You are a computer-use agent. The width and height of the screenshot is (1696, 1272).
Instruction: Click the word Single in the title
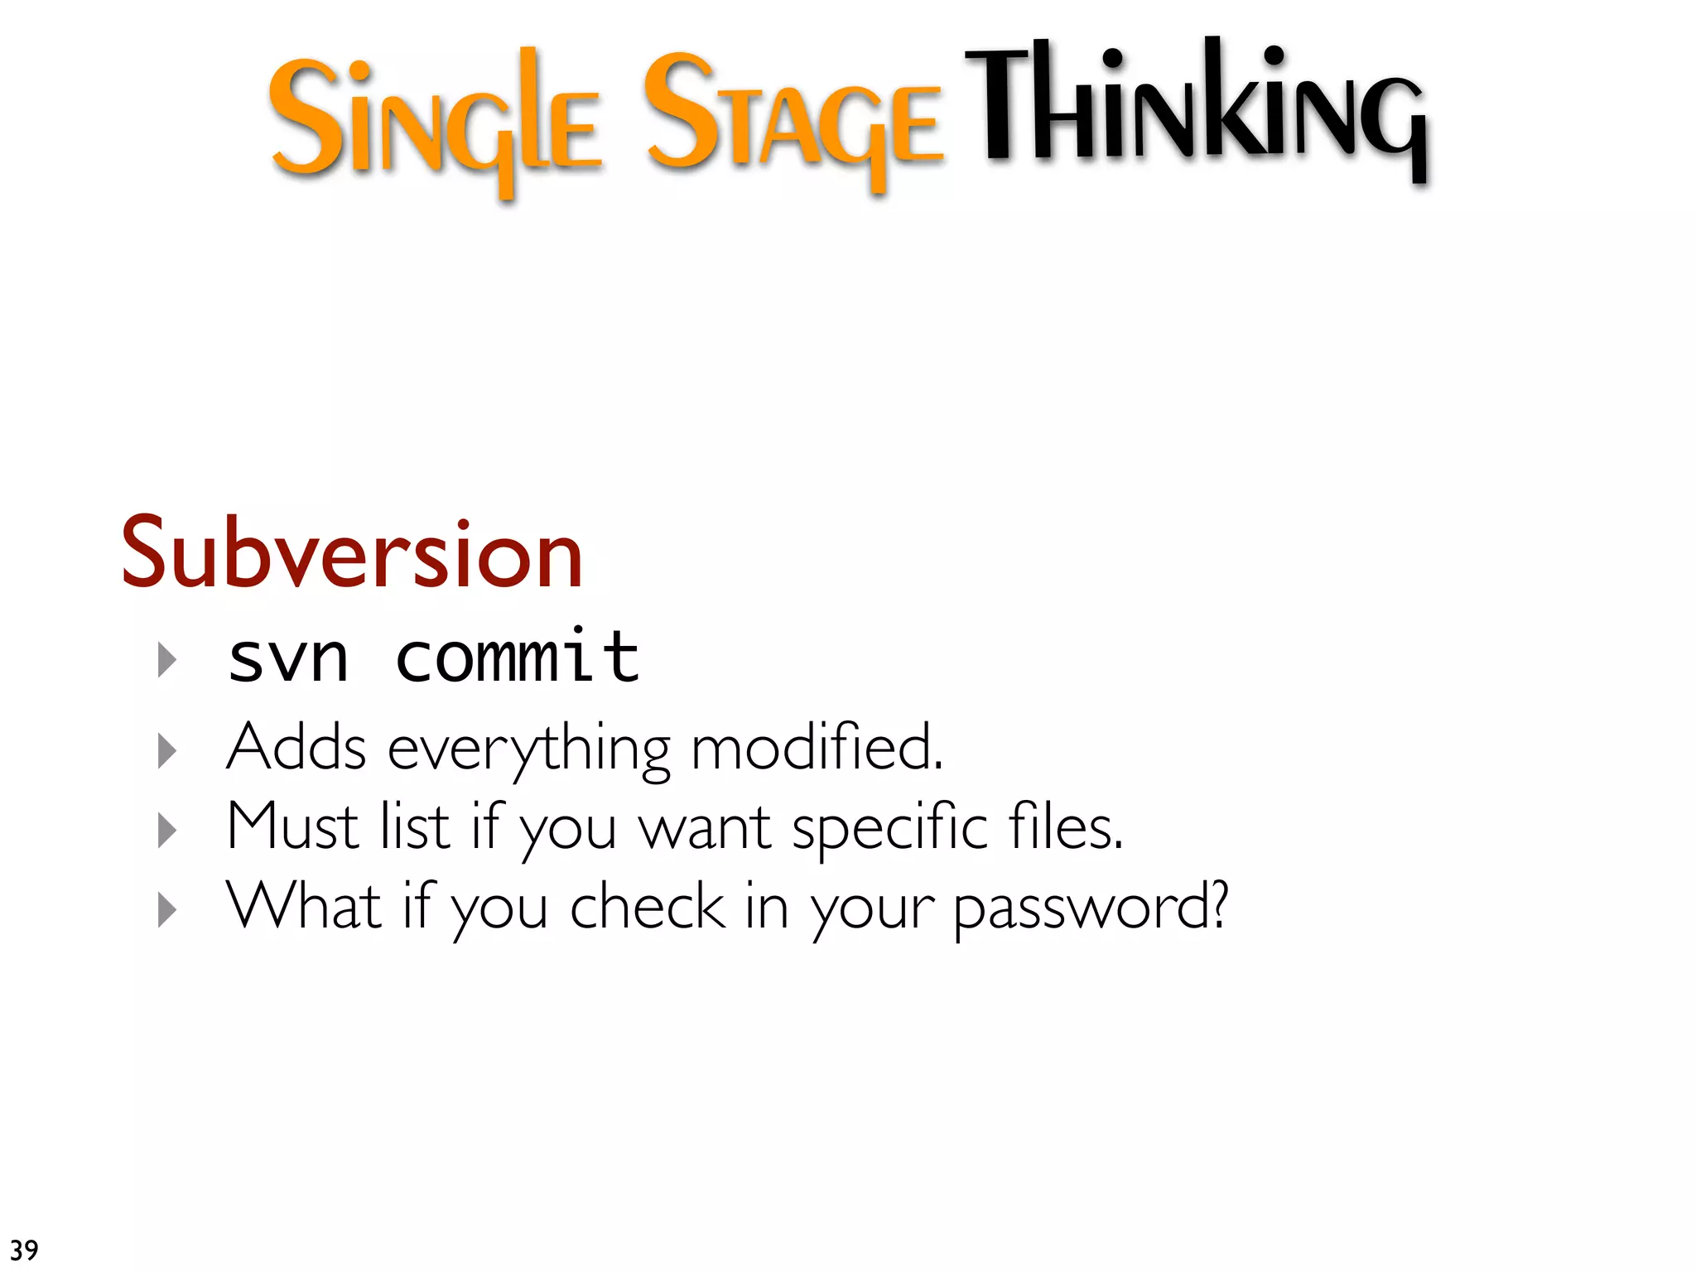click(x=435, y=120)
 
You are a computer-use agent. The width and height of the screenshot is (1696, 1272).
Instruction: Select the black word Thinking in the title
click(x=1197, y=108)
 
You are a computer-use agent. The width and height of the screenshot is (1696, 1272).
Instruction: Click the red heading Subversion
click(x=353, y=554)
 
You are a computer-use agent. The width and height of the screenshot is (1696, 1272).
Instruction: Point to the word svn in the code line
click(x=287, y=659)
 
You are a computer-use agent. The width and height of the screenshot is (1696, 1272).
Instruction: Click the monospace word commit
click(x=518, y=658)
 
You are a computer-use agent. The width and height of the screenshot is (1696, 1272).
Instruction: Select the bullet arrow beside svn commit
click(x=167, y=660)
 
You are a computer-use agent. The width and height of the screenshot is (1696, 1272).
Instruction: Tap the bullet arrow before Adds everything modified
click(x=167, y=750)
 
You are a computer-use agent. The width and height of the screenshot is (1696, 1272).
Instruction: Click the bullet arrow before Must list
click(x=167, y=830)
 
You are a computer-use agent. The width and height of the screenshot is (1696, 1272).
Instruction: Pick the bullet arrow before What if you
click(x=167, y=909)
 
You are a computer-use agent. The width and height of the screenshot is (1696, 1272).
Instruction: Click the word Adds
click(x=296, y=748)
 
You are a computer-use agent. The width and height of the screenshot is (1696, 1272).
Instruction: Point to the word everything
click(x=529, y=750)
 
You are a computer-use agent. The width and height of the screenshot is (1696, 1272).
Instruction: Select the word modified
click(x=816, y=748)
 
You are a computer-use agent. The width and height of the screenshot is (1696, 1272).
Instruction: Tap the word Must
click(x=292, y=826)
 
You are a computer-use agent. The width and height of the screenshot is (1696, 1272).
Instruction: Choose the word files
click(x=1066, y=826)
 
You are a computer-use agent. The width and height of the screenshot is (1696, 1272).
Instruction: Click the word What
click(x=304, y=906)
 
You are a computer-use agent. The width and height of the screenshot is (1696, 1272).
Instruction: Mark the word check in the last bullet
click(x=648, y=906)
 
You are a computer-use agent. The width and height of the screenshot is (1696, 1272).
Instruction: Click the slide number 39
click(x=24, y=1250)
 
